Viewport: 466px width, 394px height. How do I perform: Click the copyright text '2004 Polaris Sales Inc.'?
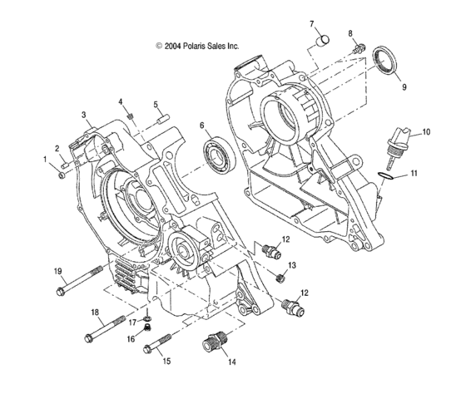pyautogui.click(x=197, y=47)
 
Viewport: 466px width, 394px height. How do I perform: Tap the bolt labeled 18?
pyautogui.click(x=112, y=329)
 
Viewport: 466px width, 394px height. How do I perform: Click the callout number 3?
pyautogui.click(x=84, y=114)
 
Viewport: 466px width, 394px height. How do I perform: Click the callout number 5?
pyautogui.click(x=155, y=105)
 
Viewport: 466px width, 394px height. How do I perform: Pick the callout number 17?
pyautogui.click(x=131, y=321)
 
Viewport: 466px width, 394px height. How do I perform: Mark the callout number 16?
pyautogui.click(x=131, y=339)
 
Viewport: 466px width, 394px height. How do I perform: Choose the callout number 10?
pyautogui.click(x=425, y=131)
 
